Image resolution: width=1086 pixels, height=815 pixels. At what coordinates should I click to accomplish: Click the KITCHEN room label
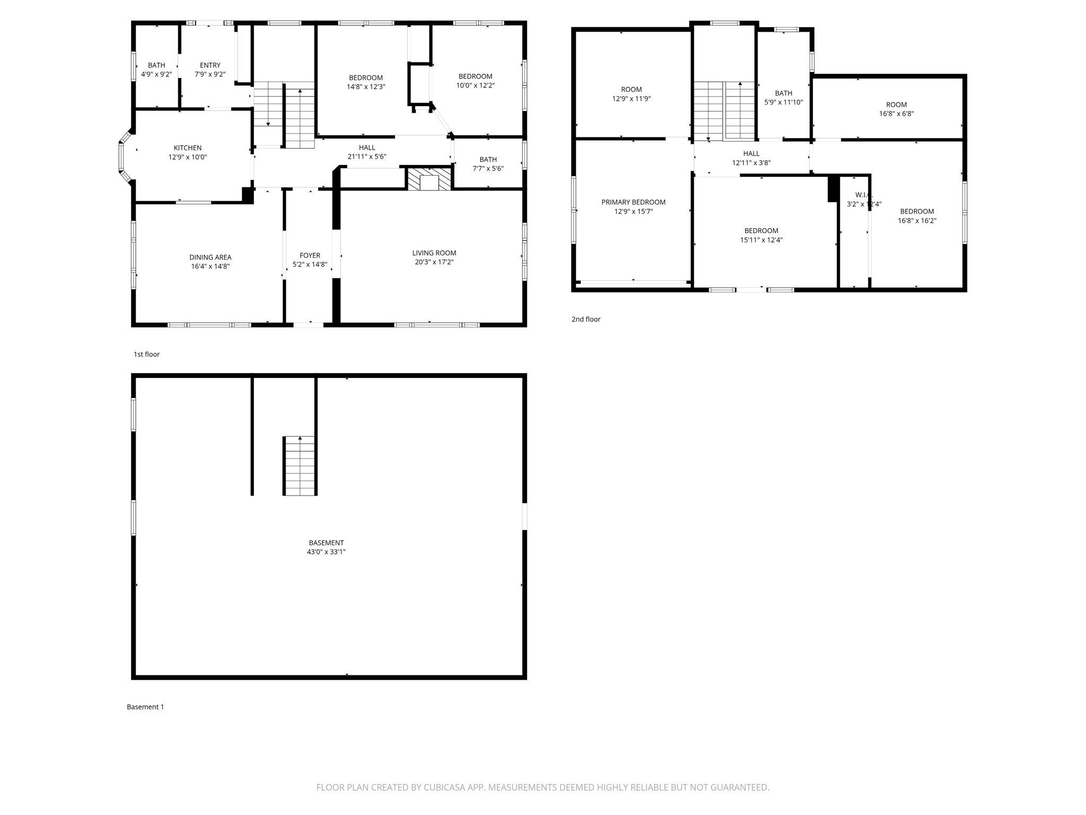[188, 148]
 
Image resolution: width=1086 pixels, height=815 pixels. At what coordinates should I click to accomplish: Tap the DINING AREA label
[211, 257]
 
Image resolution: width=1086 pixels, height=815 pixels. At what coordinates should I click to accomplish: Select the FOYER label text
[310, 255]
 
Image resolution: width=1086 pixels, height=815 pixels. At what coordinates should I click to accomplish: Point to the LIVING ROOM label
[434, 253]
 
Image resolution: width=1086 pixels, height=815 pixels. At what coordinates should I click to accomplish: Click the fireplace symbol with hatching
[429, 179]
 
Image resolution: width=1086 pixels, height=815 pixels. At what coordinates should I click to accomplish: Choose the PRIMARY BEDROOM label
[633, 202]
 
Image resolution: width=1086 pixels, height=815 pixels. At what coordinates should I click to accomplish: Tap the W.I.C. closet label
[860, 195]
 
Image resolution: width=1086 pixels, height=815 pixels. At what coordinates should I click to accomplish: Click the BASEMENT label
[326, 543]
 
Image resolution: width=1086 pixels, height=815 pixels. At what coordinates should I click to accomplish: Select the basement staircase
[300, 465]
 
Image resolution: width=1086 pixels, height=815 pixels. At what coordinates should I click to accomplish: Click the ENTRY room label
[210, 65]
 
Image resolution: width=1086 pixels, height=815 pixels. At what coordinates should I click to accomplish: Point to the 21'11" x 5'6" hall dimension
[367, 157]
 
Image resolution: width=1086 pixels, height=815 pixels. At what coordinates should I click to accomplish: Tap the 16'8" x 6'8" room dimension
[896, 114]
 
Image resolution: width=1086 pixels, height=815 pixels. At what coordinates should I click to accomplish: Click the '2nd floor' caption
[586, 319]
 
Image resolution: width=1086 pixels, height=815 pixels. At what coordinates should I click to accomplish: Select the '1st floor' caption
[146, 354]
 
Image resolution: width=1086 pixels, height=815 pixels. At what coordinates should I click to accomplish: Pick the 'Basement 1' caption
[145, 707]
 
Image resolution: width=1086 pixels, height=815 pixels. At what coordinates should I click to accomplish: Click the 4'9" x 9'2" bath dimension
[156, 74]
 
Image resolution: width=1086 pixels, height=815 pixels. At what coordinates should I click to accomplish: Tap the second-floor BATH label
[783, 93]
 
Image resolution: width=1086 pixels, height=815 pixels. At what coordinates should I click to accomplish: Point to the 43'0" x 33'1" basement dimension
[326, 552]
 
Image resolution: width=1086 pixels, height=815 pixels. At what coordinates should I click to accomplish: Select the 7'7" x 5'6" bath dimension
[488, 169]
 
